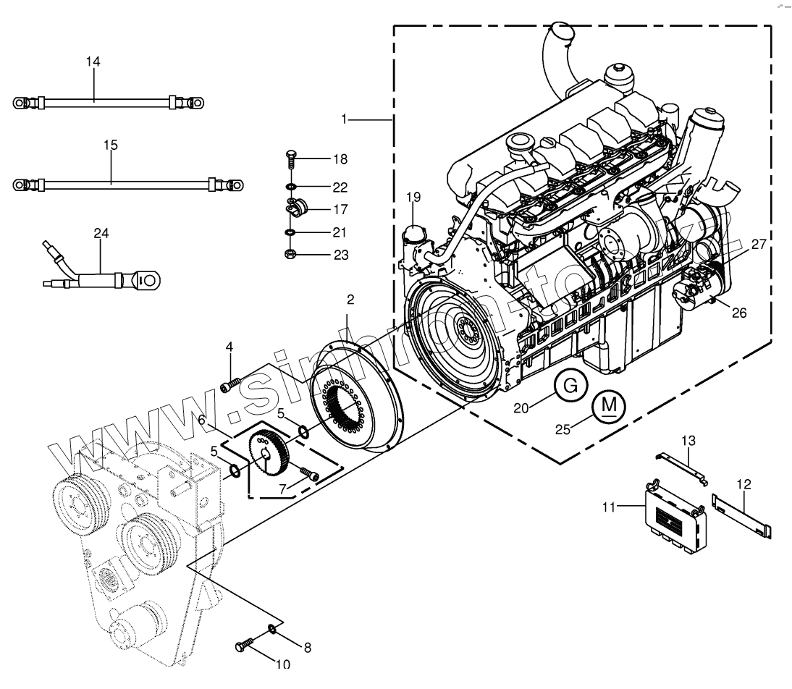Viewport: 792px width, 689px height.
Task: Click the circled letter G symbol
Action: pyautogui.click(x=570, y=386)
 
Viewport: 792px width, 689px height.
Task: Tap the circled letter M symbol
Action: pyautogui.click(x=610, y=407)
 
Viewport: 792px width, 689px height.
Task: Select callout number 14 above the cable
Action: pyautogui.click(x=93, y=62)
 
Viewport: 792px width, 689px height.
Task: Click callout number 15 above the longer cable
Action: pyautogui.click(x=110, y=145)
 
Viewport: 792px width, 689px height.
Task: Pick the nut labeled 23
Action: pyautogui.click(x=290, y=254)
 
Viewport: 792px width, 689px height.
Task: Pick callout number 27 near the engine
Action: pyautogui.click(x=758, y=245)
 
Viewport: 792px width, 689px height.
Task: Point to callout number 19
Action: pyautogui.click(x=413, y=196)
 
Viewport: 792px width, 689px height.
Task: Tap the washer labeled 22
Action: pyautogui.click(x=290, y=187)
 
